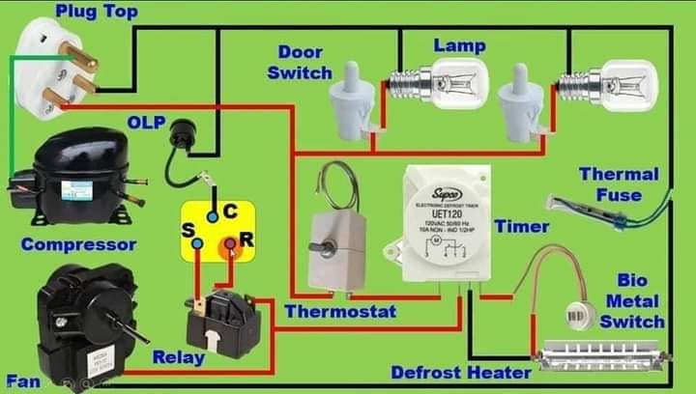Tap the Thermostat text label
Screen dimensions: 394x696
(340, 312)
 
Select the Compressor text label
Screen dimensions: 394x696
(78, 244)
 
